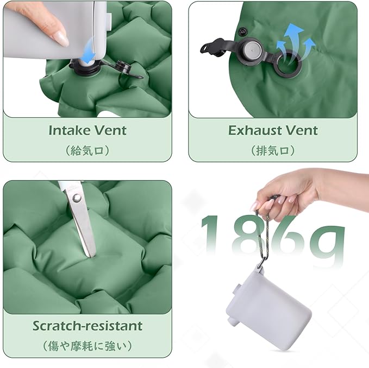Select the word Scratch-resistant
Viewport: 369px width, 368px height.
(87, 326)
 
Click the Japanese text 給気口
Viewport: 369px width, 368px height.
(87, 150)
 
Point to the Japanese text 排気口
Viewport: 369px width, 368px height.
(272, 150)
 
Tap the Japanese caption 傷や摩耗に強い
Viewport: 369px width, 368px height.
(87, 346)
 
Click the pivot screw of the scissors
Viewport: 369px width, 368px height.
(77, 198)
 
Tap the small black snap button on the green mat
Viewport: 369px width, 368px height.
(242, 31)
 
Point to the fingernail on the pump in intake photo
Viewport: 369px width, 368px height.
(61, 38)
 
